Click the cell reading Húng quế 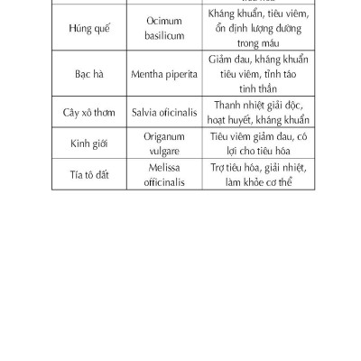(x=89, y=28)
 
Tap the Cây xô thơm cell (x=89, y=111)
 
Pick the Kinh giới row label (x=89, y=143)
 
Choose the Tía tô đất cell (x=89, y=174)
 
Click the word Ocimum (x=164, y=20)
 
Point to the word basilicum (x=164, y=36)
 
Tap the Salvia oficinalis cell (x=164, y=111)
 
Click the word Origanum (x=164, y=135)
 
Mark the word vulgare (x=164, y=151)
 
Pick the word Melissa (x=164, y=167)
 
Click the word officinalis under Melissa (x=164, y=182)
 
